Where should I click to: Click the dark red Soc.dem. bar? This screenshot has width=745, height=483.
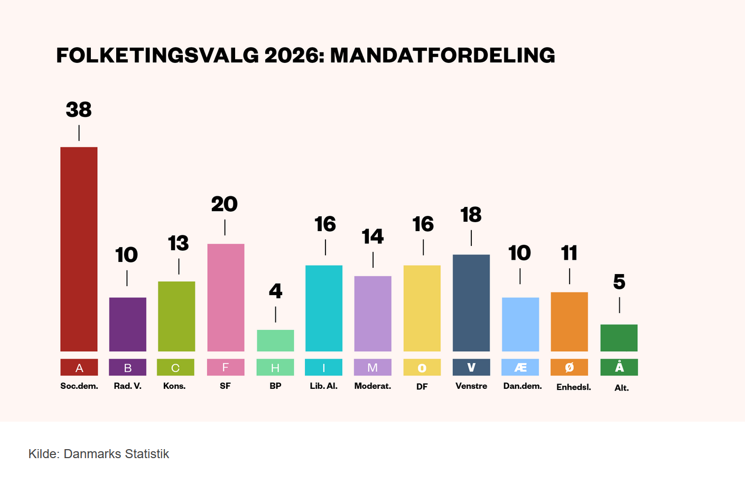79,249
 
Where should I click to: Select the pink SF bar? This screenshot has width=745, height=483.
226,297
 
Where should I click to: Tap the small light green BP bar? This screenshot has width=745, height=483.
275,340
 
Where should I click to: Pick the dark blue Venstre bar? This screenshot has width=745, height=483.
471,303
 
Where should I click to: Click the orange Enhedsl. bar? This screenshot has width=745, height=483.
569,321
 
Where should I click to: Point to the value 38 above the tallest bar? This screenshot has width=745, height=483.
79,110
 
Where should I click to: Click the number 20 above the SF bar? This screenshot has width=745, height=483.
225,204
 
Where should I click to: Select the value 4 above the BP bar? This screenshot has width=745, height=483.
275,291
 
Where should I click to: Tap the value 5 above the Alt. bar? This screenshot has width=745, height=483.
619,282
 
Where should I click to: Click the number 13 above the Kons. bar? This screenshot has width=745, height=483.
179,243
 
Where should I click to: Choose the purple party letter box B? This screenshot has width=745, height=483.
127,368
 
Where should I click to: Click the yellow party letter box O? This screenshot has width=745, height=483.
422,368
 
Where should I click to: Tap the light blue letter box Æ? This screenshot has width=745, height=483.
520,368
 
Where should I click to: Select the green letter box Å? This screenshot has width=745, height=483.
619,367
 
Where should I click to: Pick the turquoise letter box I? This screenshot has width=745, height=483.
323,368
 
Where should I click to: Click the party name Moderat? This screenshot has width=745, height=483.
373,386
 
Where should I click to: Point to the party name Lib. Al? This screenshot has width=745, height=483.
323,386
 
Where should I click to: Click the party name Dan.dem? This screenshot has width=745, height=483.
522,386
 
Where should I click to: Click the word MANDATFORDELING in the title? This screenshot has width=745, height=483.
442,56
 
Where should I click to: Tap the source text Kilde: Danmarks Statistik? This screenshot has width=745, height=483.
99,454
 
